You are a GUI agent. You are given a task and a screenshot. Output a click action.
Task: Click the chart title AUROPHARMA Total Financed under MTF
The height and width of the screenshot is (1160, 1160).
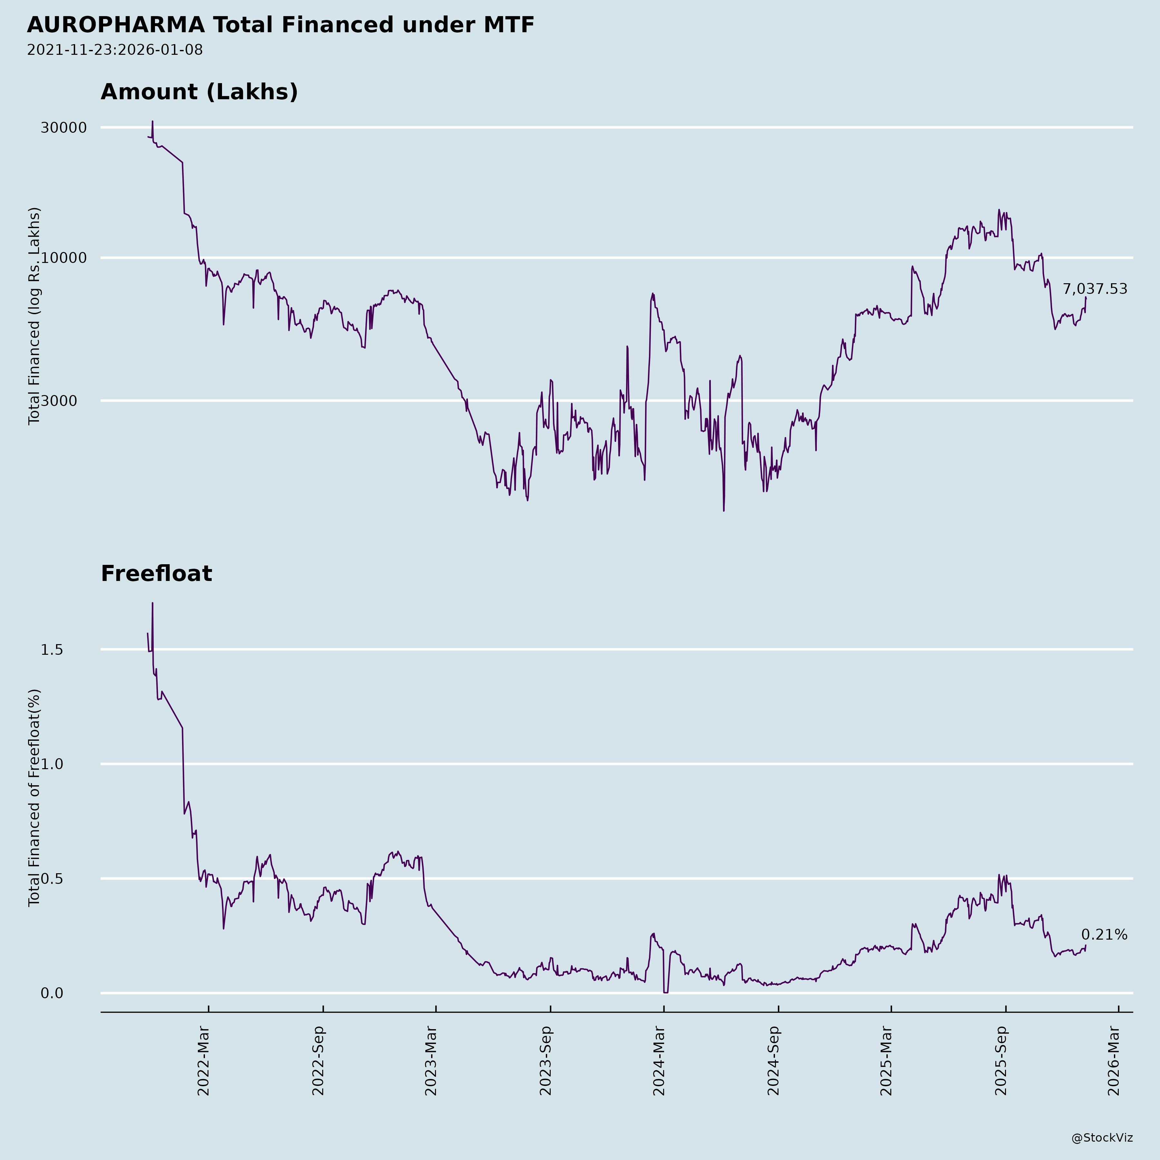tap(280, 25)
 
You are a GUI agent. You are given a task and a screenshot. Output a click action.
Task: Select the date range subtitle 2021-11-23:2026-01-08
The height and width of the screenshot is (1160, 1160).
tap(115, 50)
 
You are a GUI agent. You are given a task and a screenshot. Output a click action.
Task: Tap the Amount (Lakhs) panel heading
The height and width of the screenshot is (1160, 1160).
tap(199, 92)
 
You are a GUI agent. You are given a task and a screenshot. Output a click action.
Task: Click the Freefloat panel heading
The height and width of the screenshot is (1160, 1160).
tap(156, 574)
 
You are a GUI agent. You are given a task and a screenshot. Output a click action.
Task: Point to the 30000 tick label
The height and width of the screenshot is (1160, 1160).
tap(64, 128)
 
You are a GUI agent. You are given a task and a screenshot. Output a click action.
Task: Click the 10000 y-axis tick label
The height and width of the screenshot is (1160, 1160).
tap(64, 258)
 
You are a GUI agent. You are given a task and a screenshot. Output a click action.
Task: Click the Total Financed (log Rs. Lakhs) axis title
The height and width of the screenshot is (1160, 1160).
tap(34, 316)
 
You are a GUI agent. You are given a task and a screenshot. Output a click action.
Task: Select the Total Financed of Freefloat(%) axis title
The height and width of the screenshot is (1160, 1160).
tap(34, 797)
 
